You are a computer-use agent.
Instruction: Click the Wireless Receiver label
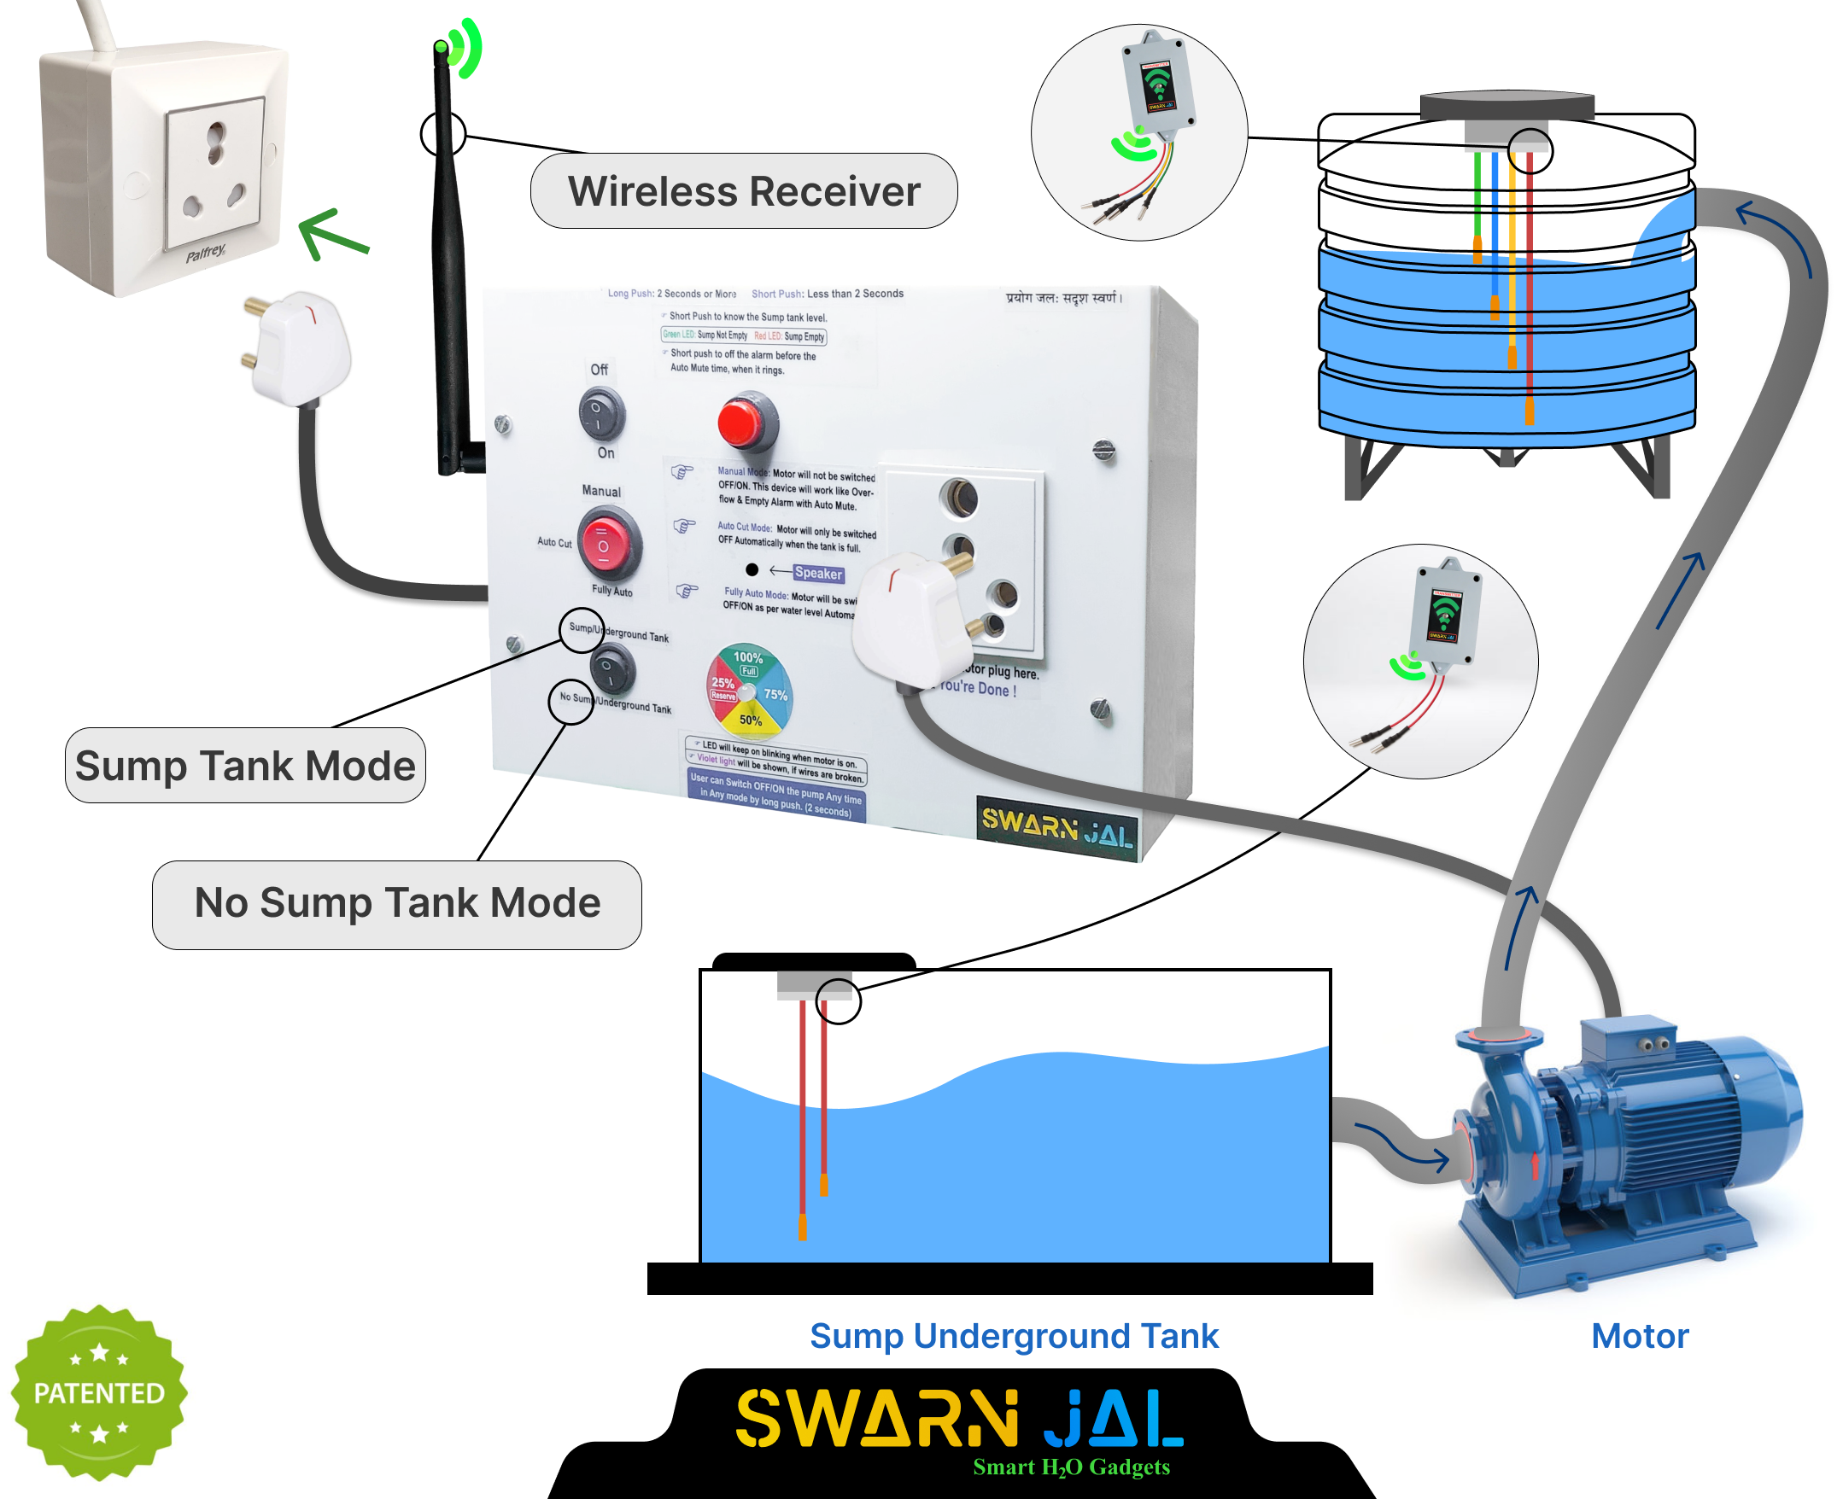pos(743,191)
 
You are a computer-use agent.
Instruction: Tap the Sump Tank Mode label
pos(245,766)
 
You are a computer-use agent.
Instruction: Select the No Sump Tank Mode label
pos(396,903)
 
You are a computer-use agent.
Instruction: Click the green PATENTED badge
pos(98,1392)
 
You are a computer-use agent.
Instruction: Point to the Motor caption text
pos(1638,1336)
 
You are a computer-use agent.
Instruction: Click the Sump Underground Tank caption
pos(1013,1336)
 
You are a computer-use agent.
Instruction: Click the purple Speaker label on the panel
pos(818,574)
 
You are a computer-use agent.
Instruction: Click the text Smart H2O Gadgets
pos(1071,1467)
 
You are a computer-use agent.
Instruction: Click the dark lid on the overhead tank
pos(1507,105)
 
